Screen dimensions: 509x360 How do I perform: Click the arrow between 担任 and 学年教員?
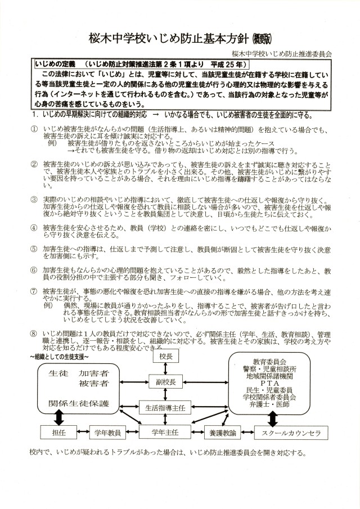coord(82,433)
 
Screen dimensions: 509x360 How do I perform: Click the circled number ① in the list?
coord(34,129)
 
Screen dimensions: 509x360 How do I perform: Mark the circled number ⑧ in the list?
coord(34,334)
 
